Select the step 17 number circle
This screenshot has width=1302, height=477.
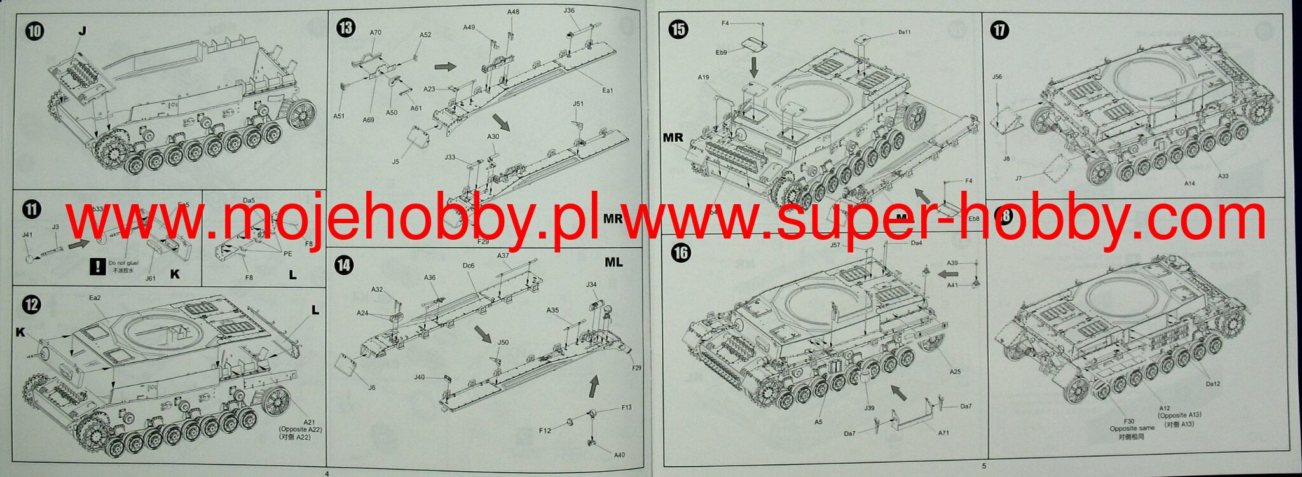[1000, 31]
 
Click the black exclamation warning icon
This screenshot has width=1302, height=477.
[97, 267]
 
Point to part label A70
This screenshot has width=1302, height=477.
[375, 33]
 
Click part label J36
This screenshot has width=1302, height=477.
[569, 10]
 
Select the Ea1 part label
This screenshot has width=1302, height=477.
[607, 90]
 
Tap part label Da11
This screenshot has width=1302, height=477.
[905, 32]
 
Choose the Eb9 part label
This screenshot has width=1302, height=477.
[721, 53]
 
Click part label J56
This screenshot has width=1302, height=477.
[997, 77]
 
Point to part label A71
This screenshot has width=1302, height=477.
[943, 433]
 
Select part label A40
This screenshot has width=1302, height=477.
[619, 455]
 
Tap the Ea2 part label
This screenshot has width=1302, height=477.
[95, 298]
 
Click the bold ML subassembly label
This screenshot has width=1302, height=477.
[613, 262]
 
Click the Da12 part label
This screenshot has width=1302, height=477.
[1212, 384]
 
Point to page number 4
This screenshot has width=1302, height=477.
[327, 473]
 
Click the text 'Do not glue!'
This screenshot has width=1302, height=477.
[125, 263]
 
